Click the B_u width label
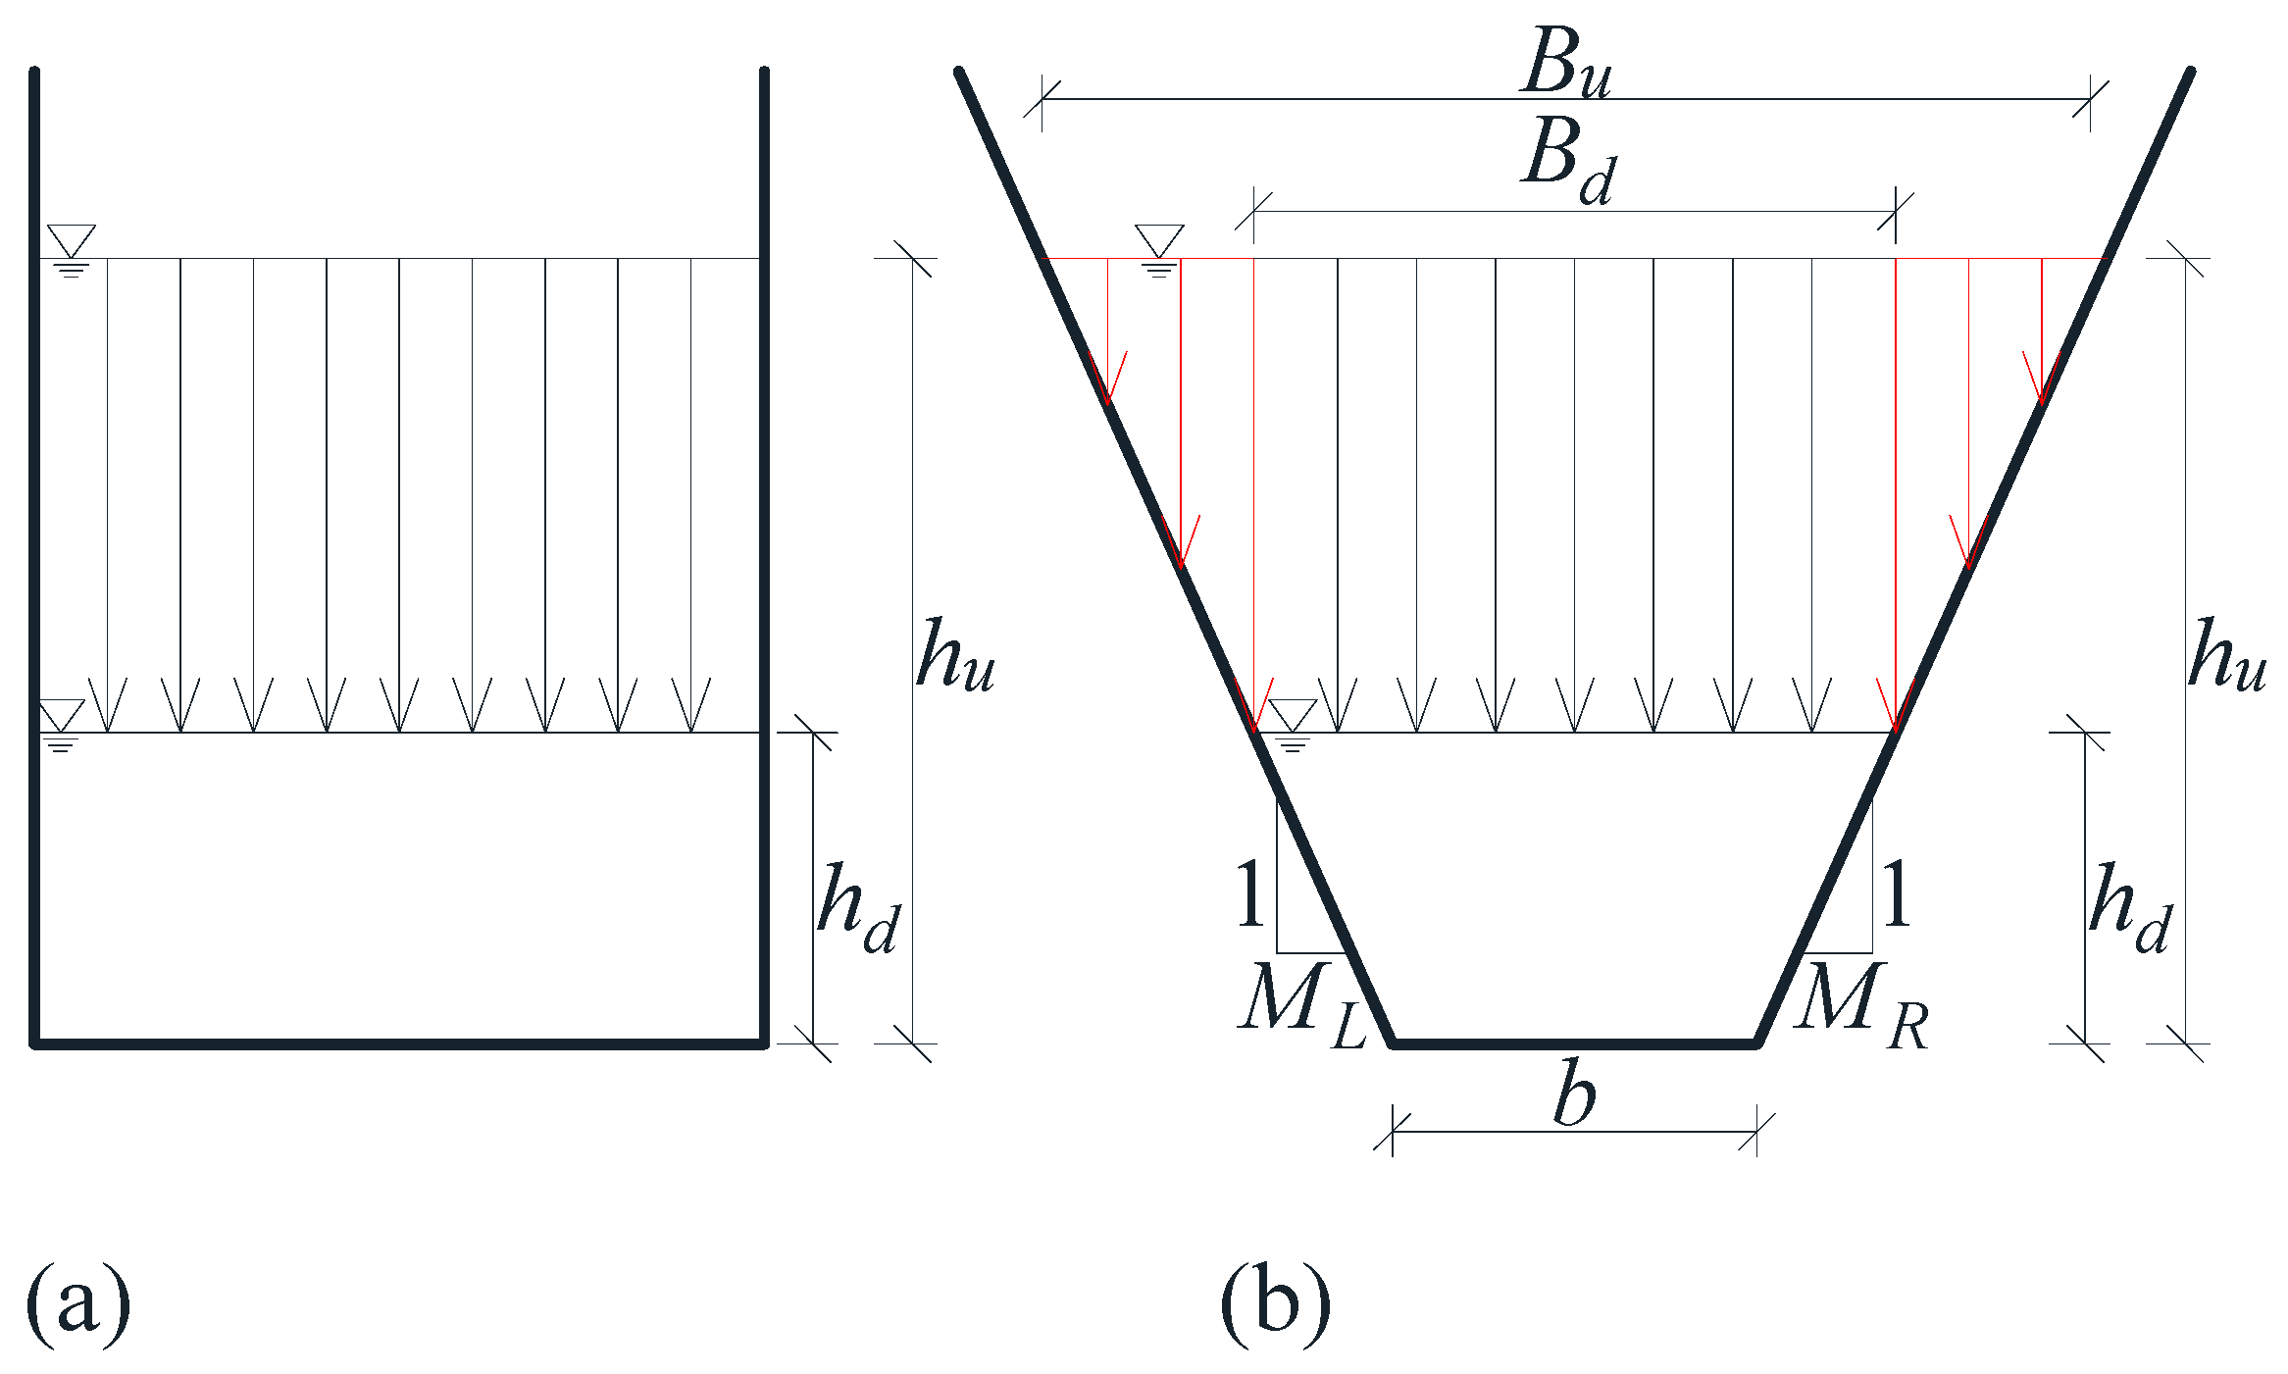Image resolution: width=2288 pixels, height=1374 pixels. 1566,63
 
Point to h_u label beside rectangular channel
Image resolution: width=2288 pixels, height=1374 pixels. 954,656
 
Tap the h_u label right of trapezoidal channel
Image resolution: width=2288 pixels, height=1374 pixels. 2226,656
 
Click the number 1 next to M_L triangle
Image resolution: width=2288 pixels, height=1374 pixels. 1249,893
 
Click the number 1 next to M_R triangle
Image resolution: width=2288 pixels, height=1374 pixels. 1896,893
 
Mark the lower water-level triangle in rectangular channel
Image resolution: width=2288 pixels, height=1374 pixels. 61,713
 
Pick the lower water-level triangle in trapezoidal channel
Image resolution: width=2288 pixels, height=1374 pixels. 1292,713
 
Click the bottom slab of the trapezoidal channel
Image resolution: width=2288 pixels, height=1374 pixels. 1574,1044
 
